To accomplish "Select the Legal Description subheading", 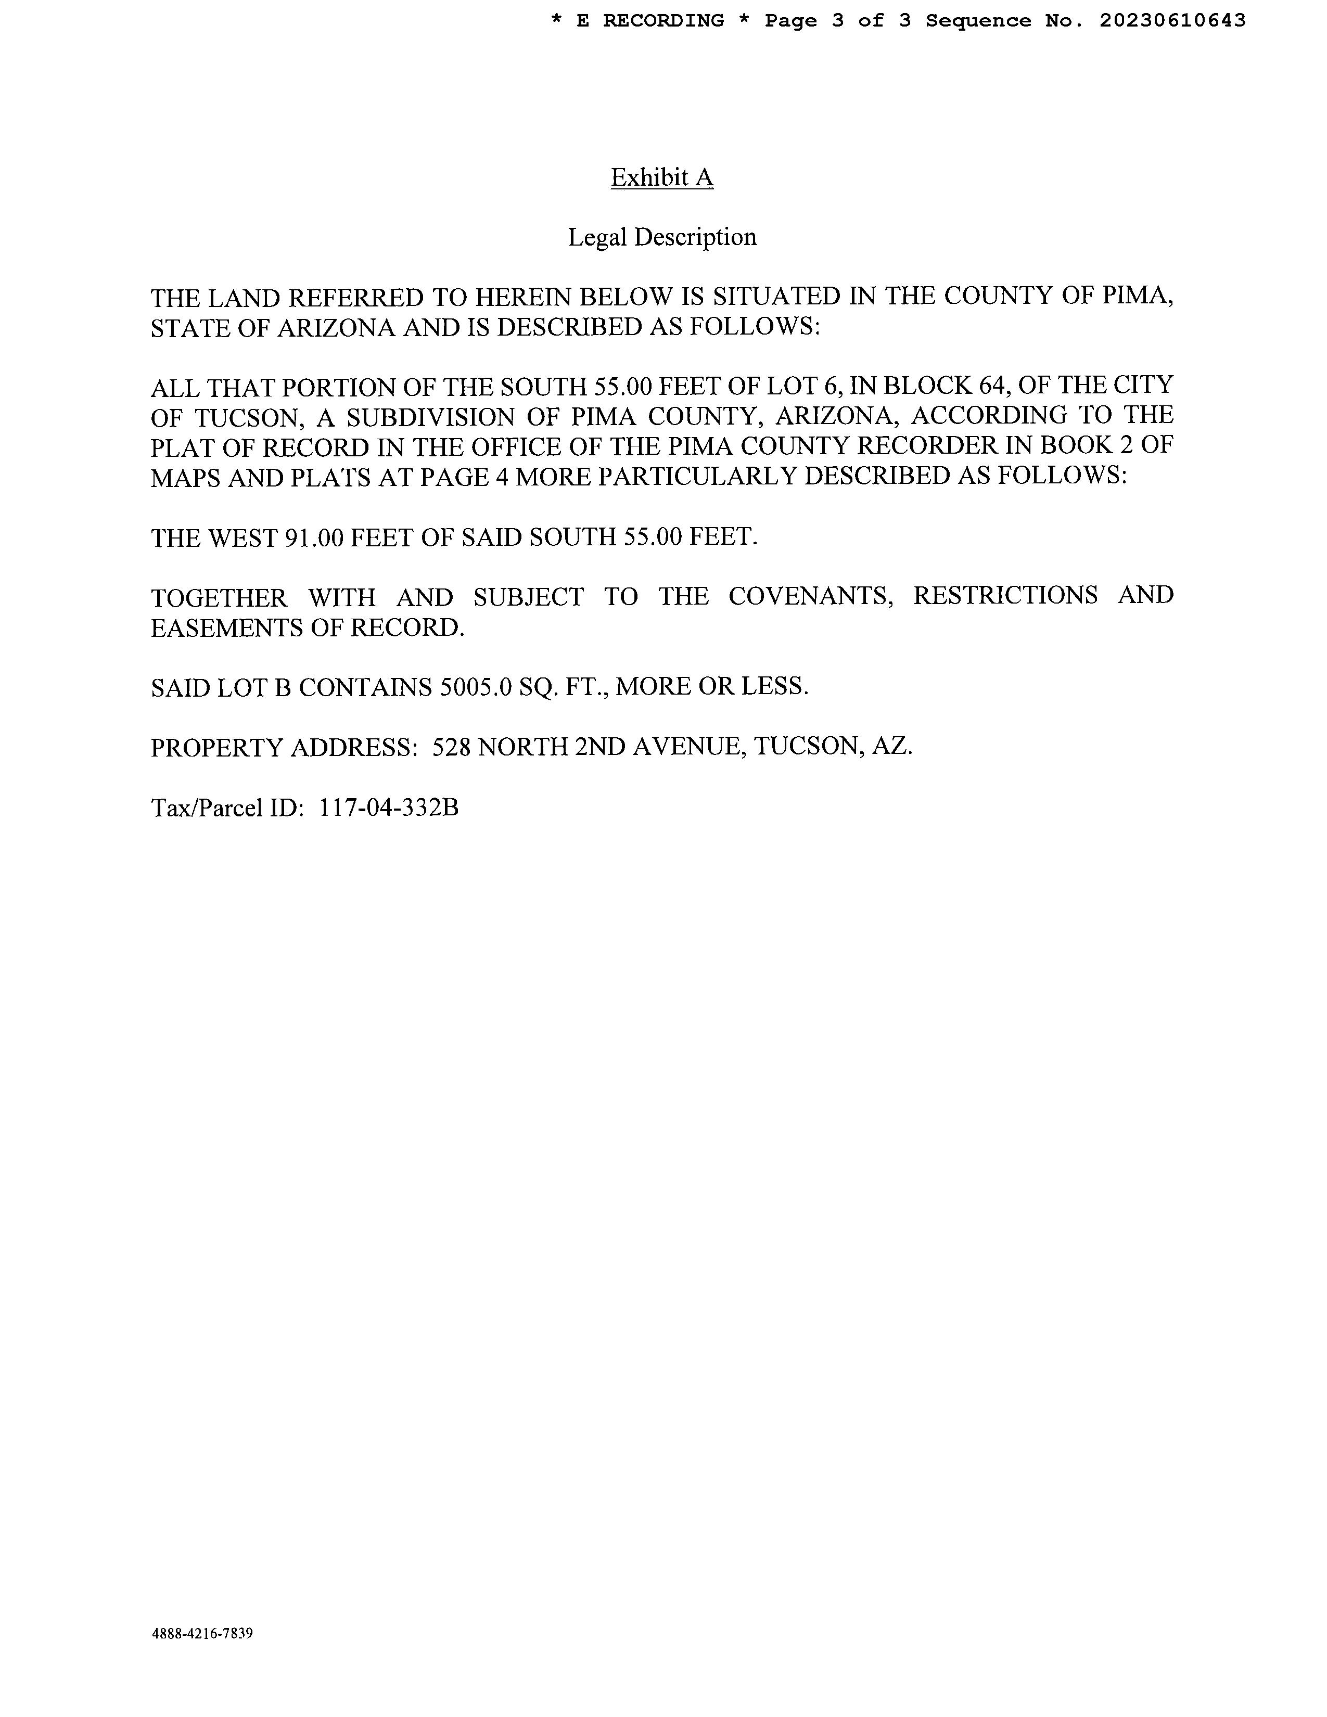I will (x=662, y=237).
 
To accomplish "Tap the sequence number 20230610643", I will (x=1172, y=21).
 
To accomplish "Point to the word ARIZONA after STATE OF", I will (x=335, y=327).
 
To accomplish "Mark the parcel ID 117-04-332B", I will (x=388, y=808).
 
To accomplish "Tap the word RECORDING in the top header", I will (x=662, y=21).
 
